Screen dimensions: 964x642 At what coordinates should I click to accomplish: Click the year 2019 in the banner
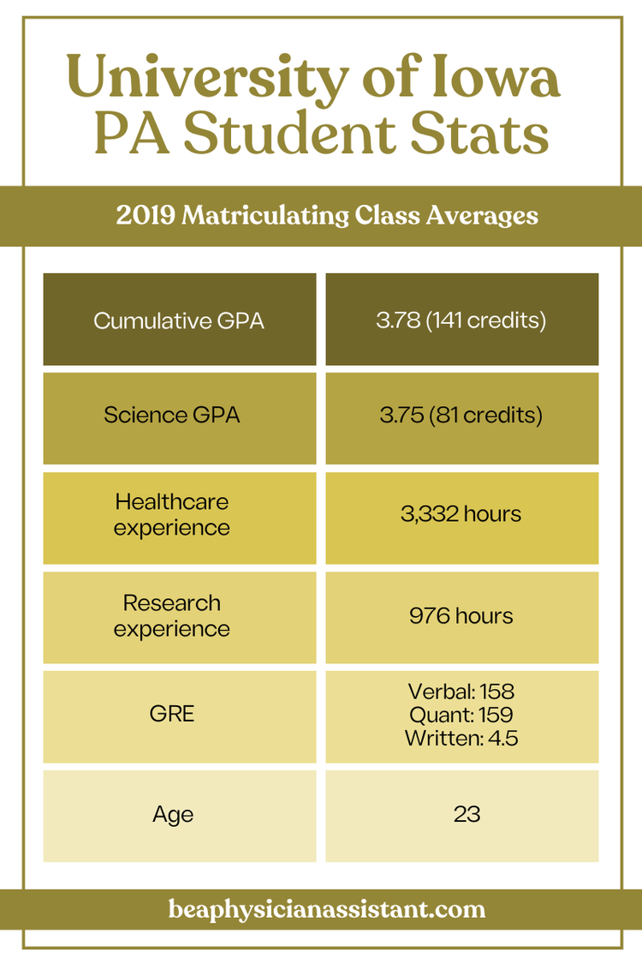pyautogui.click(x=145, y=215)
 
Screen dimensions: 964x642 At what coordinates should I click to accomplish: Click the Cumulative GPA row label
pyautogui.click(x=179, y=320)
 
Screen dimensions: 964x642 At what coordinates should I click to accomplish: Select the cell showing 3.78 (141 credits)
pyautogui.click(x=461, y=320)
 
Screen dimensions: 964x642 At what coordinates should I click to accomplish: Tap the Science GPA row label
pyautogui.click(x=172, y=416)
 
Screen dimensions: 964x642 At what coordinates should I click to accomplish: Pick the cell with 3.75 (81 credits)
pyautogui.click(x=461, y=416)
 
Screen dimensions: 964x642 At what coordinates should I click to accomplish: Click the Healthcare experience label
pyautogui.click(x=172, y=514)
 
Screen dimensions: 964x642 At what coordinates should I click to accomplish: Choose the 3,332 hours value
pyautogui.click(x=461, y=514)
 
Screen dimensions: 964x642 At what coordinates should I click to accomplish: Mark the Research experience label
pyautogui.click(x=172, y=615)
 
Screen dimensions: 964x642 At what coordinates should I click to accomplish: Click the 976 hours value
pyautogui.click(x=461, y=615)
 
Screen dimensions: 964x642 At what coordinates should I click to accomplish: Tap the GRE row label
pyautogui.click(x=172, y=713)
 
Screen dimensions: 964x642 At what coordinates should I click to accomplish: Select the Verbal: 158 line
pyautogui.click(x=461, y=691)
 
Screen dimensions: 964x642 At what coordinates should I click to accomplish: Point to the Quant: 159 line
pyautogui.click(x=461, y=713)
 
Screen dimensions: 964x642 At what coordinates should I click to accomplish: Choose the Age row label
pyautogui.click(x=173, y=814)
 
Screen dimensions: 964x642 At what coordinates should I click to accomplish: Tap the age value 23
pyautogui.click(x=467, y=814)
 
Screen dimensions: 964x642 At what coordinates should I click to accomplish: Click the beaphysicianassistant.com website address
pyautogui.click(x=327, y=909)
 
